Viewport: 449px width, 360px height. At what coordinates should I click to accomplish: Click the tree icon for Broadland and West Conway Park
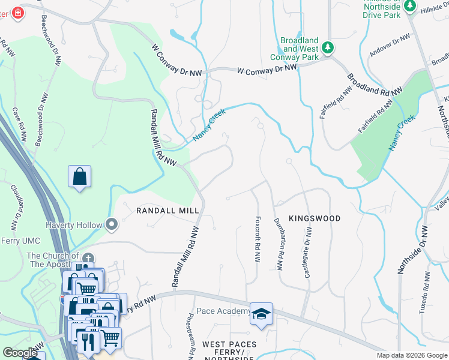[327, 47]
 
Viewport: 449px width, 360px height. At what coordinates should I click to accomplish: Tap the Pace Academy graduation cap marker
[261, 314]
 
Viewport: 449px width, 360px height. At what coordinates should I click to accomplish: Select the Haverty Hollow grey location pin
[112, 225]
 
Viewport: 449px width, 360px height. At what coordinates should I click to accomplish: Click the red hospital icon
[17, 13]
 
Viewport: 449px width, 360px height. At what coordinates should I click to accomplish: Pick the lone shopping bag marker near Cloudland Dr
[79, 177]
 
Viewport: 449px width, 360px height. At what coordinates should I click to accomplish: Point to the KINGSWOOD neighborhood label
[315, 218]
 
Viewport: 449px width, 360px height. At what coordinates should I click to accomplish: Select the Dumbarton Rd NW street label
[279, 244]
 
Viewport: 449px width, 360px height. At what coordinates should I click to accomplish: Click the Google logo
[20, 353]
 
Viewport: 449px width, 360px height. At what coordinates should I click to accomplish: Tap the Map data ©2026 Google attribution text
[412, 355]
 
